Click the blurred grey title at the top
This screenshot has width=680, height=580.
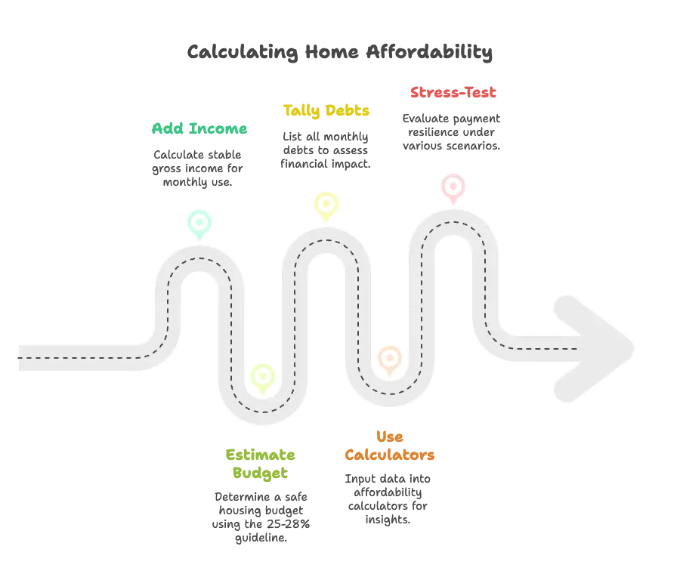[x=342, y=51]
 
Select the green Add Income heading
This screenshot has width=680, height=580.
[x=199, y=128]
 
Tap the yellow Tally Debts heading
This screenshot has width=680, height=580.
[x=326, y=112]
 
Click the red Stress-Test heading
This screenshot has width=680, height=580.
[x=452, y=93]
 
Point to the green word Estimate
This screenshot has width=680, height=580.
[x=259, y=455]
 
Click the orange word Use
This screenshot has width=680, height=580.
[x=389, y=437]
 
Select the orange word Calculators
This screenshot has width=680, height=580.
[x=389, y=455]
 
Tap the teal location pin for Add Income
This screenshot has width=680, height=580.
[x=199, y=222]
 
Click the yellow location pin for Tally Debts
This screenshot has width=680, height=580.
[x=326, y=204]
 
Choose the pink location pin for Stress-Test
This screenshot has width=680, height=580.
[x=453, y=186]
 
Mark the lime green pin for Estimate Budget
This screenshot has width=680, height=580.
[x=262, y=376]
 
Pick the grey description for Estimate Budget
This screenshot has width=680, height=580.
[x=261, y=517]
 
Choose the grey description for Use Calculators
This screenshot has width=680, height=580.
[x=389, y=499]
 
